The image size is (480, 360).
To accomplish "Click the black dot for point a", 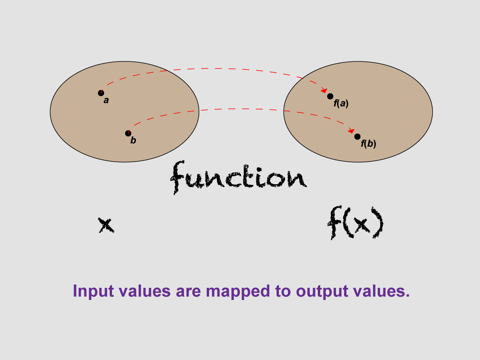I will point(101,93).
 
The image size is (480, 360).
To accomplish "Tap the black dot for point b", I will point(128,133).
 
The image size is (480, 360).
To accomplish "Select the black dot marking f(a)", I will point(330,96).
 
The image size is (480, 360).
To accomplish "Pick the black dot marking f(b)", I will point(357,136).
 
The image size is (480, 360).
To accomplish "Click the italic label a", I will point(106,100).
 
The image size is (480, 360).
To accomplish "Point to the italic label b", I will point(133,141).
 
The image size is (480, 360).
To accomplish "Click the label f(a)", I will point(341,104).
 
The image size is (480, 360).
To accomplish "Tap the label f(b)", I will point(368,144).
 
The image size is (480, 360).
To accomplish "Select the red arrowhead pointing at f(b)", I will point(351,131).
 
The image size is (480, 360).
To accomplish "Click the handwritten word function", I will point(239,178).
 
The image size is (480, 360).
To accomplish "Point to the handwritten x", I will point(106,225).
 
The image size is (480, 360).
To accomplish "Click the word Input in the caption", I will point(92,292).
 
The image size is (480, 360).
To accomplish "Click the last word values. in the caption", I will point(384,292).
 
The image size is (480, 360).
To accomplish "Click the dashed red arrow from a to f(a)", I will point(211,69).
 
